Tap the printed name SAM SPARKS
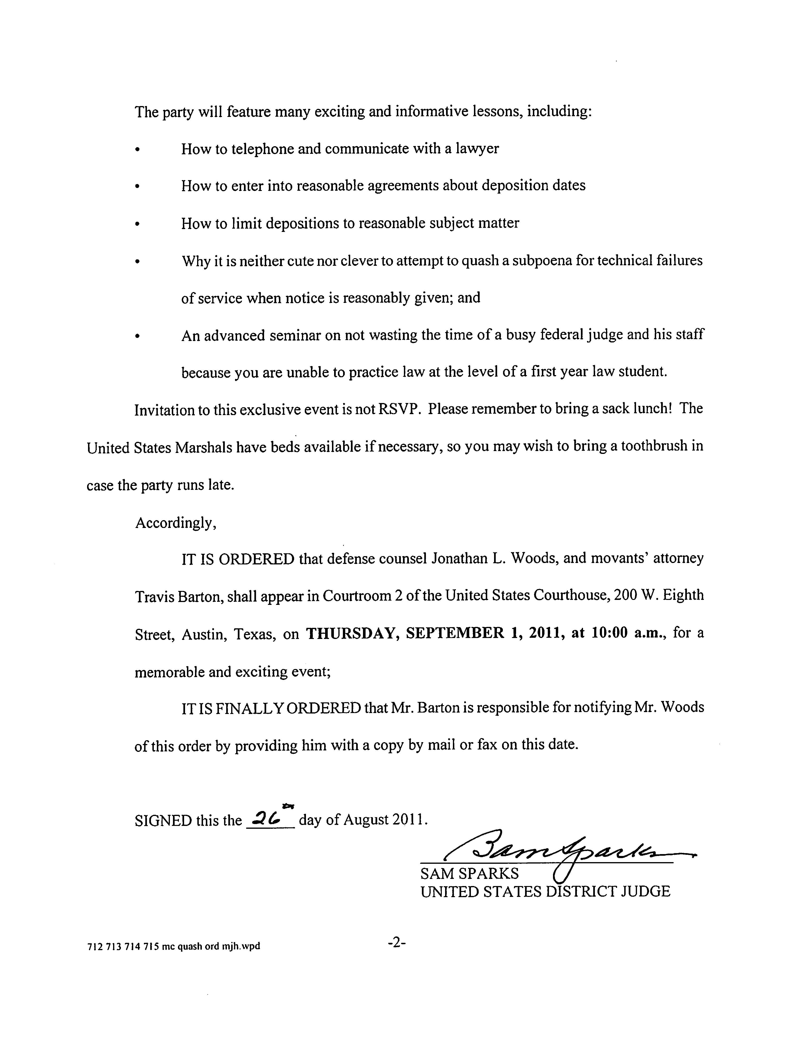tap(469, 873)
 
